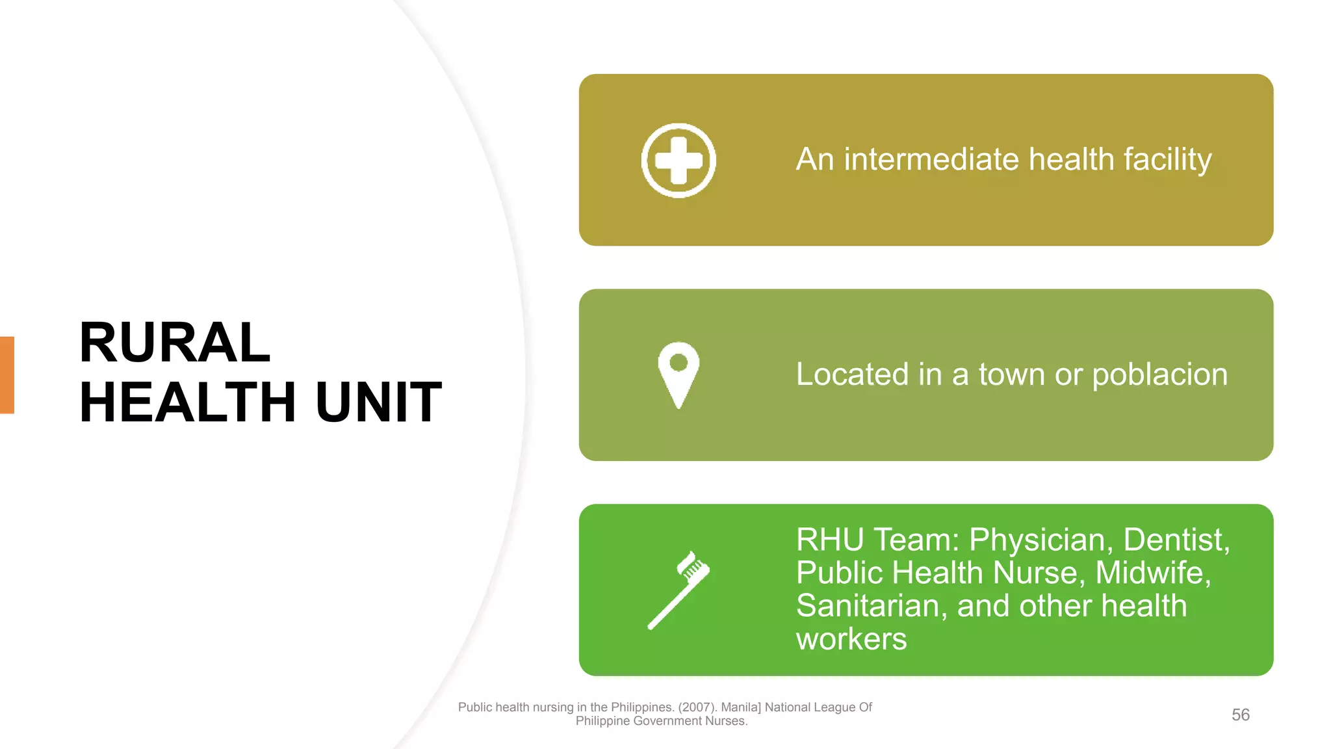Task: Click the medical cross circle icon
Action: pyautogui.click(x=678, y=160)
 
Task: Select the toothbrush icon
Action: pyautogui.click(x=678, y=590)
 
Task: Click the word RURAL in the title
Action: pyautogui.click(x=174, y=343)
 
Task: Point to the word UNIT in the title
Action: pyautogui.click(x=378, y=402)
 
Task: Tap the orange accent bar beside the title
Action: pyautogui.click(x=7, y=374)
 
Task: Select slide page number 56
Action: pyautogui.click(x=1240, y=715)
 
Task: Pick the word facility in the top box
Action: pyautogui.click(x=1167, y=160)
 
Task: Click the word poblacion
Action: pyautogui.click(x=1159, y=375)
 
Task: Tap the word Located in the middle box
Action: pyautogui.click(x=852, y=374)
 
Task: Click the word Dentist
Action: pyautogui.click(x=1175, y=540)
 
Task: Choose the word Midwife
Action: pyautogui.click(x=1152, y=573)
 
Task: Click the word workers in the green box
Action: pyautogui.click(x=851, y=639)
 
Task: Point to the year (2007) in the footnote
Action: pyautogui.click(x=697, y=707)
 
